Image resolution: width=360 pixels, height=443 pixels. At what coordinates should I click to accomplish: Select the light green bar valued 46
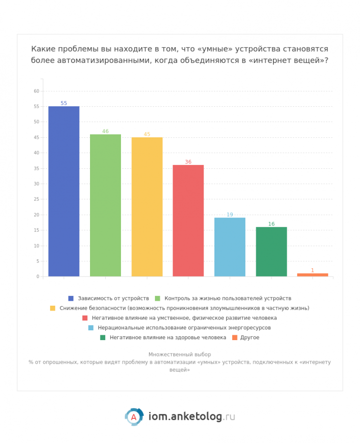click(105, 205)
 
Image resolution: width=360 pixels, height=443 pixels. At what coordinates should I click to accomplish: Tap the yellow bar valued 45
click(147, 207)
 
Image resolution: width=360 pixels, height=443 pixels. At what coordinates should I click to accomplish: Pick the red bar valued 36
click(188, 221)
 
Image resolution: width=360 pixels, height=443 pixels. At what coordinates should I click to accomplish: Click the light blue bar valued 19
click(230, 247)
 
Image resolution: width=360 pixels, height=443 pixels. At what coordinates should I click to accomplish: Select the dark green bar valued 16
click(271, 252)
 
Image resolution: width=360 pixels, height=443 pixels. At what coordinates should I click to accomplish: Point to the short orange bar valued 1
click(312, 275)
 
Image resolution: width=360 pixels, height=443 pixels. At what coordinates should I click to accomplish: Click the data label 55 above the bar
click(63, 103)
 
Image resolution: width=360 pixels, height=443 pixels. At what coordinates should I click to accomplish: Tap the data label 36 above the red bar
click(188, 162)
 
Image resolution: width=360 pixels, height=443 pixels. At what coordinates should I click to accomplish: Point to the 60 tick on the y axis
click(36, 91)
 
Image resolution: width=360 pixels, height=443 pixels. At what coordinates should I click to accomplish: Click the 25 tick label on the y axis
click(36, 199)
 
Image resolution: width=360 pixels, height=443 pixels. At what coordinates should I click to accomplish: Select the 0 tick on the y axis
click(37, 277)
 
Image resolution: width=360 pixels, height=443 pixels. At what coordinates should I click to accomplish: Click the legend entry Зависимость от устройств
click(113, 298)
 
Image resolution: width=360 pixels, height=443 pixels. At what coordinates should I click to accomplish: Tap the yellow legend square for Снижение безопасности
click(53, 308)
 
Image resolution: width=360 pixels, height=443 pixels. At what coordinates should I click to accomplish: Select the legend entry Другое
click(250, 338)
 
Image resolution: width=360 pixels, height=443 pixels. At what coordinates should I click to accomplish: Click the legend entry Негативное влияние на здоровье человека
click(168, 338)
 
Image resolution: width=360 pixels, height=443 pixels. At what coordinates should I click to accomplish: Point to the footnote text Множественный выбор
click(180, 354)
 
